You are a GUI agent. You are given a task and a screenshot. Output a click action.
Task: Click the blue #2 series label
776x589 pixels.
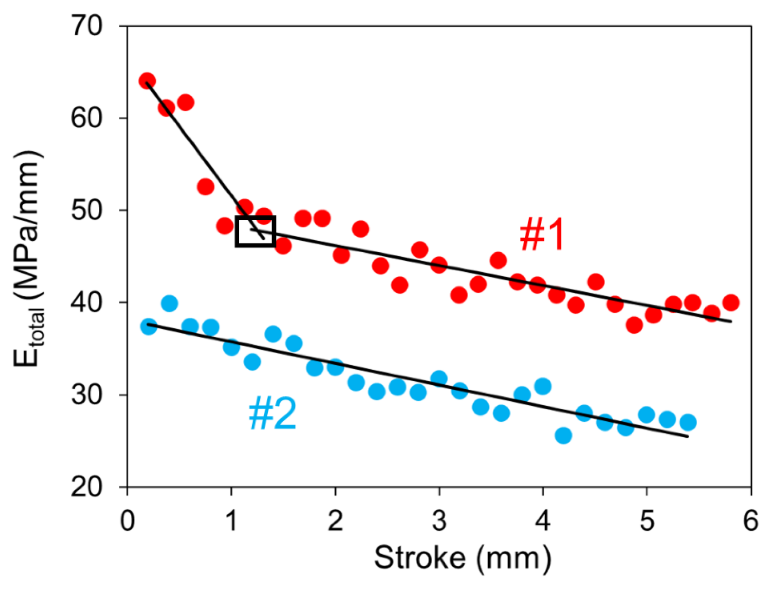pos(272,415)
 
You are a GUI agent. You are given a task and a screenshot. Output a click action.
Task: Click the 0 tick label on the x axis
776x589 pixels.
pos(127,521)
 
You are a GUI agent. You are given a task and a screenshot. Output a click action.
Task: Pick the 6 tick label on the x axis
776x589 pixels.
pos(750,521)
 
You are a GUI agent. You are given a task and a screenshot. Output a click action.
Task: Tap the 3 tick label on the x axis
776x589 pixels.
pos(439,521)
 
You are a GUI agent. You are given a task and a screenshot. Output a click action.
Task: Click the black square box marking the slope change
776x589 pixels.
pos(255,231)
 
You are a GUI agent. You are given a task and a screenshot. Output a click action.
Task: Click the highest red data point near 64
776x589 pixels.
pos(147,81)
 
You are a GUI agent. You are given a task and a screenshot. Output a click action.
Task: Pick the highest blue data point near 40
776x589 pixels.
pos(169,303)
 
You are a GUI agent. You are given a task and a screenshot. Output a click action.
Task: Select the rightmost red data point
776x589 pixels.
pos(731,303)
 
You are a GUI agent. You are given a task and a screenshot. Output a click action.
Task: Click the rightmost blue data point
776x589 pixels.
pos(688,422)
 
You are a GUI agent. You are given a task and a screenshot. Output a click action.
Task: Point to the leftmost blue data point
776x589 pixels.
pos(148,327)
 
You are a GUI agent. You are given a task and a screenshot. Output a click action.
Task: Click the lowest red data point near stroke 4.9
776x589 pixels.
pos(634,325)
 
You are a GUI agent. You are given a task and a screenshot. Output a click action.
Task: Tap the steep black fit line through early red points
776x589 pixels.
pos(197,155)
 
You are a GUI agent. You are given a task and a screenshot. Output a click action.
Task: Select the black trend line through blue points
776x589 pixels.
pos(387,374)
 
